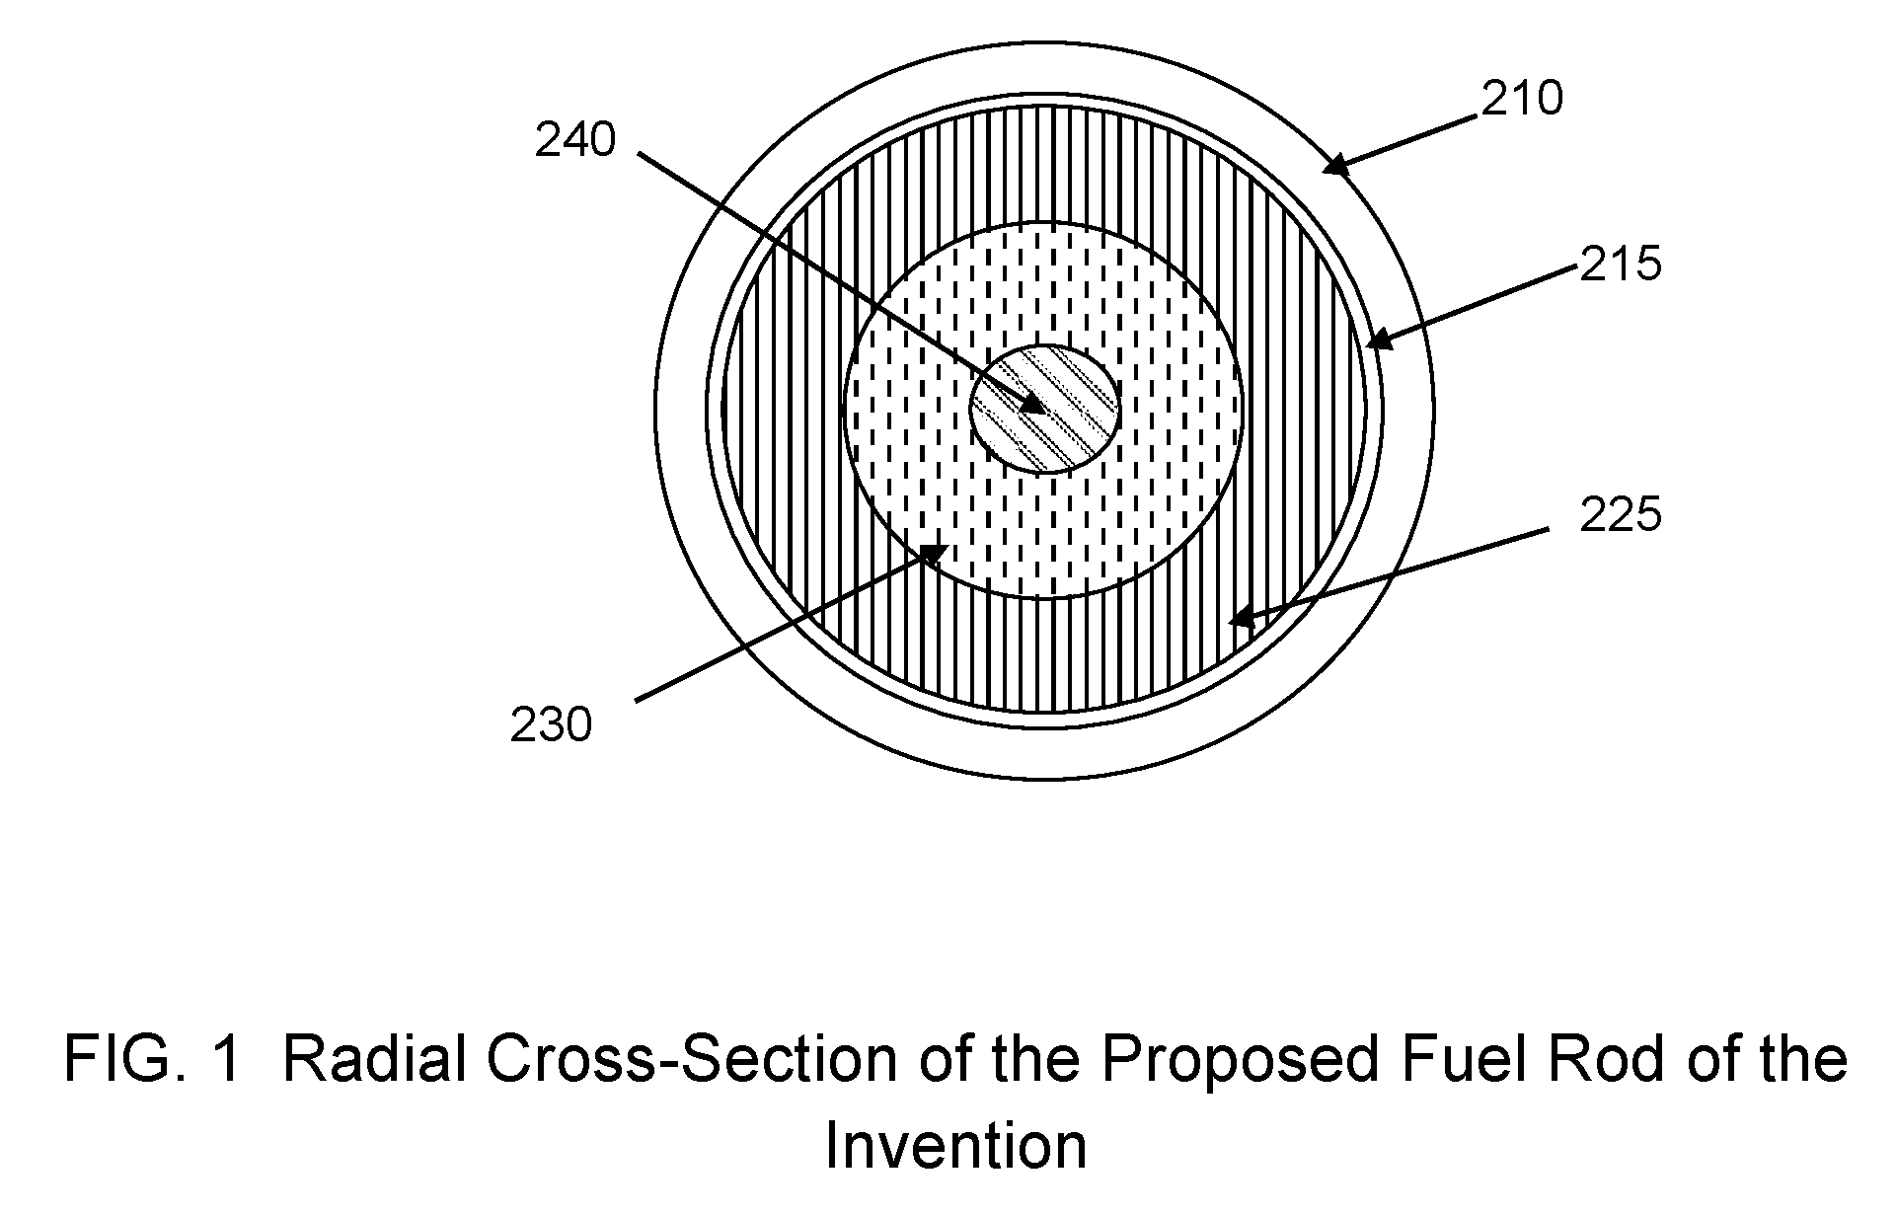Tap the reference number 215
tap(1621, 264)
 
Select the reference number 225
tap(1621, 514)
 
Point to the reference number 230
tap(551, 725)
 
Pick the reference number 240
tap(575, 140)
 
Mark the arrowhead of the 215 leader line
tap(1378, 340)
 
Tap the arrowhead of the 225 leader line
tap(1241, 619)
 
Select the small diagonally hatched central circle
tap(1044, 409)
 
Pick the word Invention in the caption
tap(955, 1146)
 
